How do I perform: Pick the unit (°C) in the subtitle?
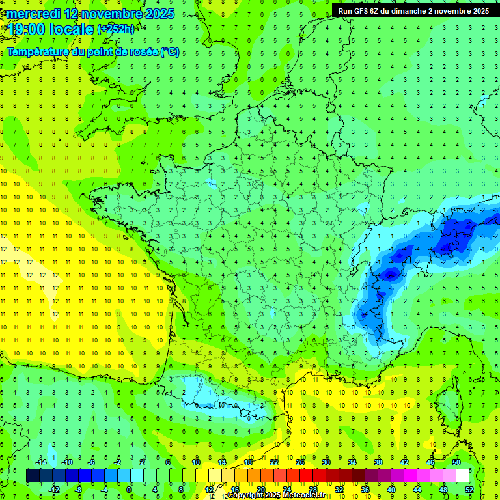pyautogui.click(x=170, y=52)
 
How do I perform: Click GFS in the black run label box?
pyautogui.click(x=361, y=11)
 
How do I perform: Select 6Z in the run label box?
pyautogui.click(x=377, y=11)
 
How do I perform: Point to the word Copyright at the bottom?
pyautogui.click(x=245, y=495)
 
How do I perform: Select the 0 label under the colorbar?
pyautogui.click(x=129, y=489)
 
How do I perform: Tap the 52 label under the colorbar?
pyautogui.click(x=469, y=489)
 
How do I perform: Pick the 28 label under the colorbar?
pyautogui.click(x=312, y=489)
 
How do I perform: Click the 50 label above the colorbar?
pyautogui.click(x=456, y=462)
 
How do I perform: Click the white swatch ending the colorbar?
pyautogui.click(x=463, y=476)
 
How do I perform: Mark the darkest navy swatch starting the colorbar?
pyautogui.click(x=33, y=476)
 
